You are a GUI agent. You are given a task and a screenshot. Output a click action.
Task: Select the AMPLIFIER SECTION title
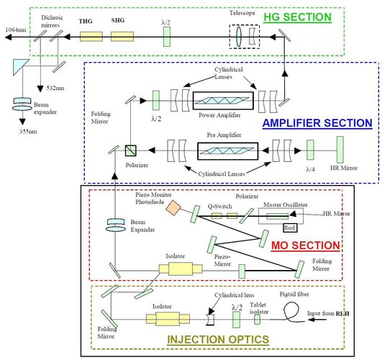tap(322, 122)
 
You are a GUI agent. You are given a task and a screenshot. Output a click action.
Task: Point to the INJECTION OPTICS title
tap(218, 337)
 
